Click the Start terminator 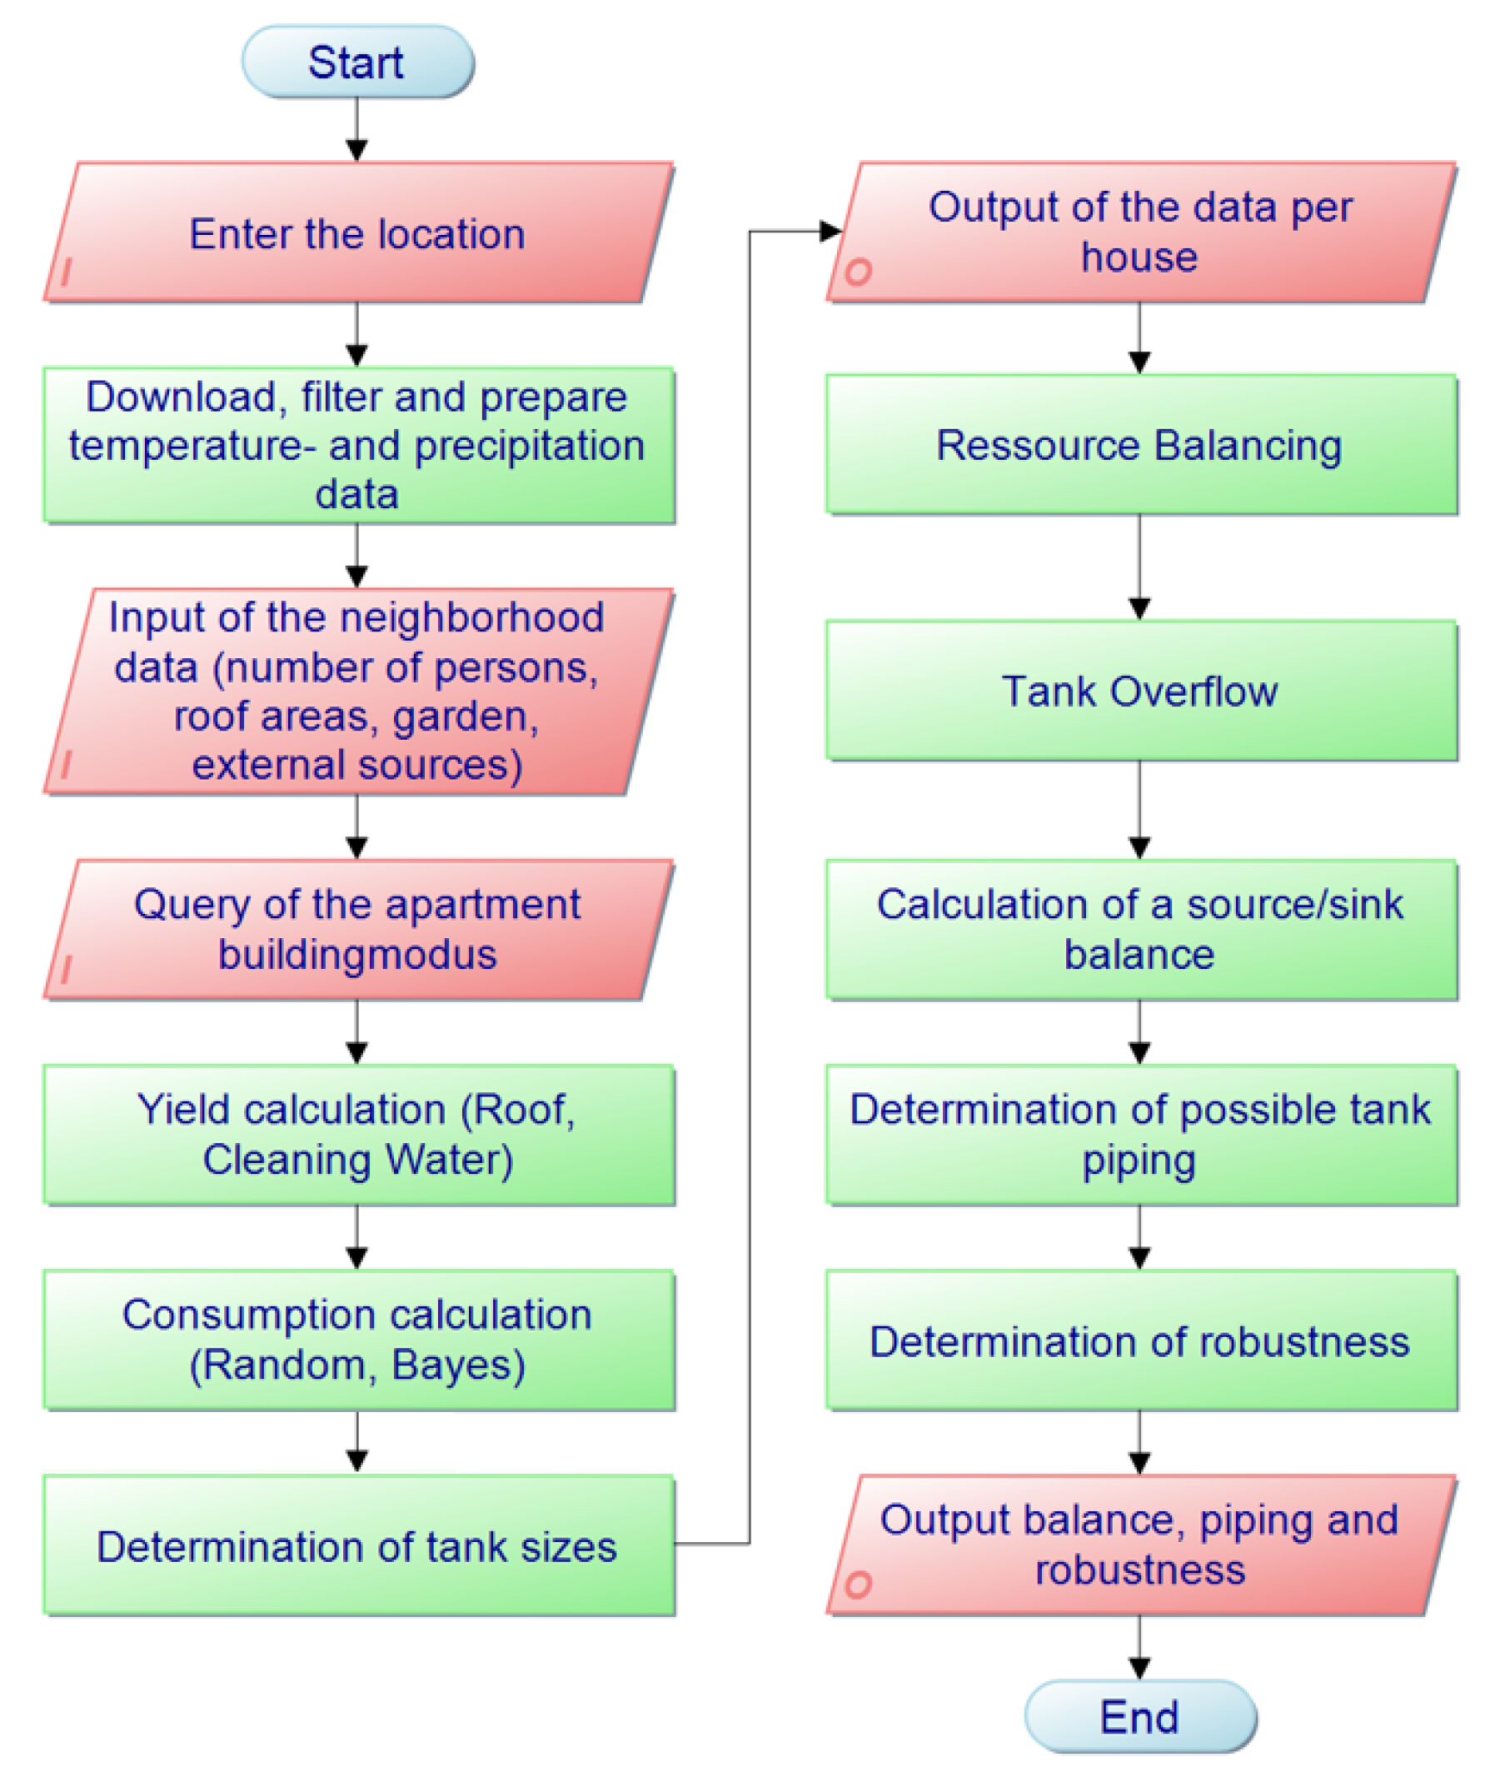point(357,62)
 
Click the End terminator point(1139,1717)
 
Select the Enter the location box point(357,233)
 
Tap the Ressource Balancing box point(1139,445)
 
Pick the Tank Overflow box point(1139,691)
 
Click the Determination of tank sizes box point(357,1547)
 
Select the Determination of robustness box point(1139,1342)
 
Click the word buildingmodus point(357,956)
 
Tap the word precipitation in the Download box point(529,446)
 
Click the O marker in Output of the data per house point(858,272)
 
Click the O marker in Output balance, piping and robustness point(858,1585)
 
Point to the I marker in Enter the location point(66,272)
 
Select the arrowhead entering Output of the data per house point(830,231)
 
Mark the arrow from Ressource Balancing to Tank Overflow point(1139,567)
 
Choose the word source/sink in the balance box point(1293,905)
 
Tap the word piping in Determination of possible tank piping point(1139,1161)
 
